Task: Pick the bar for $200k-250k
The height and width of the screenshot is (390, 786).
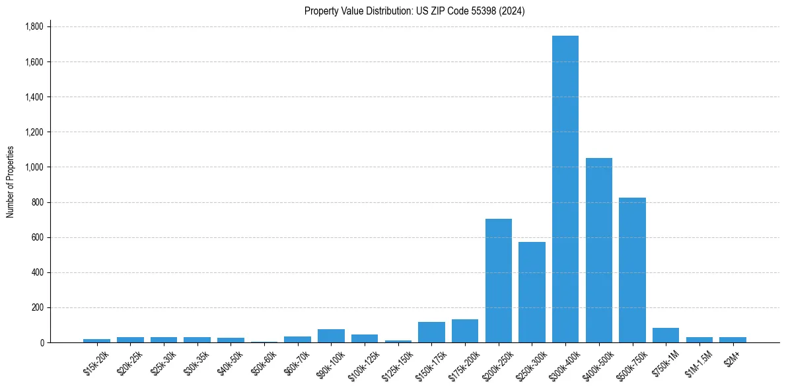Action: click(x=499, y=280)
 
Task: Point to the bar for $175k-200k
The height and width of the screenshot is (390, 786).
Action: click(x=465, y=331)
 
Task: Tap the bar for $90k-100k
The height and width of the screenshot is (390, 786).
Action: click(x=331, y=336)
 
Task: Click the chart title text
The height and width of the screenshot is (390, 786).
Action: click(x=414, y=11)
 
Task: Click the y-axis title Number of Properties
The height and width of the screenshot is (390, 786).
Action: click(x=11, y=182)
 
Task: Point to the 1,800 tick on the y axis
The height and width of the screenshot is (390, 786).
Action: click(x=34, y=27)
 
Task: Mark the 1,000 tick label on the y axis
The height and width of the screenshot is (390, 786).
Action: click(x=34, y=167)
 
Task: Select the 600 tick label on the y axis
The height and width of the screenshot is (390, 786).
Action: click(x=37, y=237)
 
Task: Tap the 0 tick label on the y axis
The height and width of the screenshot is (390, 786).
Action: click(x=42, y=343)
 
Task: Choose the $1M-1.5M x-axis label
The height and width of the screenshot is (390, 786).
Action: click(x=699, y=363)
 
